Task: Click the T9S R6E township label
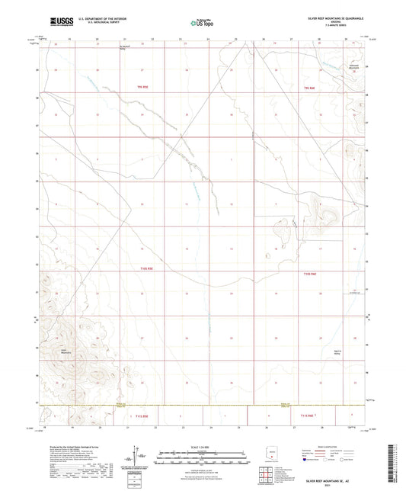point(309,88)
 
